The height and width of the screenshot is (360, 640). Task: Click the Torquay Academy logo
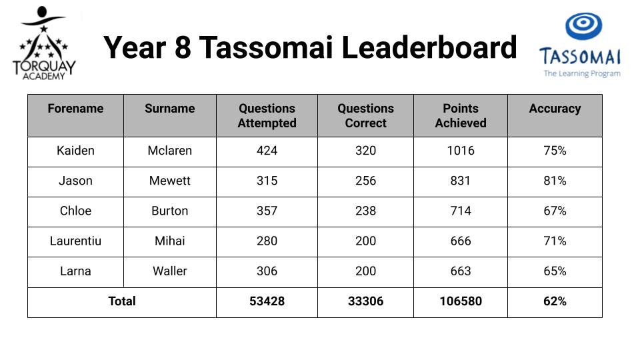[x=44, y=43]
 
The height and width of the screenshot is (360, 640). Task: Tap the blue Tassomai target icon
[x=584, y=26]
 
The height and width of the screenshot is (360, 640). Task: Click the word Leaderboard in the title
[x=429, y=47]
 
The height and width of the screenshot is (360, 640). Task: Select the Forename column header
[x=75, y=109]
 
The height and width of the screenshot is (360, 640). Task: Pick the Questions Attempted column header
[x=267, y=115]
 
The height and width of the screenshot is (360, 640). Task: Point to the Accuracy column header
[x=555, y=109]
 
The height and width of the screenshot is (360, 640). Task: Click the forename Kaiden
[x=75, y=151]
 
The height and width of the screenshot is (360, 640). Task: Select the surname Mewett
[x=170, y=181]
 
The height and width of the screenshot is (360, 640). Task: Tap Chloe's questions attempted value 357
[x=267, y=211]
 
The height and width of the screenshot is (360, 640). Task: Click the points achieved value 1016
[x=461, y=151]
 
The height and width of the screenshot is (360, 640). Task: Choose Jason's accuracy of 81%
[x=555, y=181]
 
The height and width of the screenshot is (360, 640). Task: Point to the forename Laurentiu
[x=75, y=241]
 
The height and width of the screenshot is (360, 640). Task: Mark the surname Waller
[x=170, y=271]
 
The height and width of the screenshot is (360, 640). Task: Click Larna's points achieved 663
[x=461, y=271]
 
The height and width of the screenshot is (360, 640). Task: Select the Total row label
[x=121, y=301]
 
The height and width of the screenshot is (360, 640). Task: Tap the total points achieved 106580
[x=461, y=301]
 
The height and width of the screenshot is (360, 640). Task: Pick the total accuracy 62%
[x=555, y=301]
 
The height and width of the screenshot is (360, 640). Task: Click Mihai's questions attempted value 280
[x=267, y=241]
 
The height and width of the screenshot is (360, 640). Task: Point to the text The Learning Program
[x=582, y=73]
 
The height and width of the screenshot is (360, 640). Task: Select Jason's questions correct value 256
[x=366, y=181]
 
